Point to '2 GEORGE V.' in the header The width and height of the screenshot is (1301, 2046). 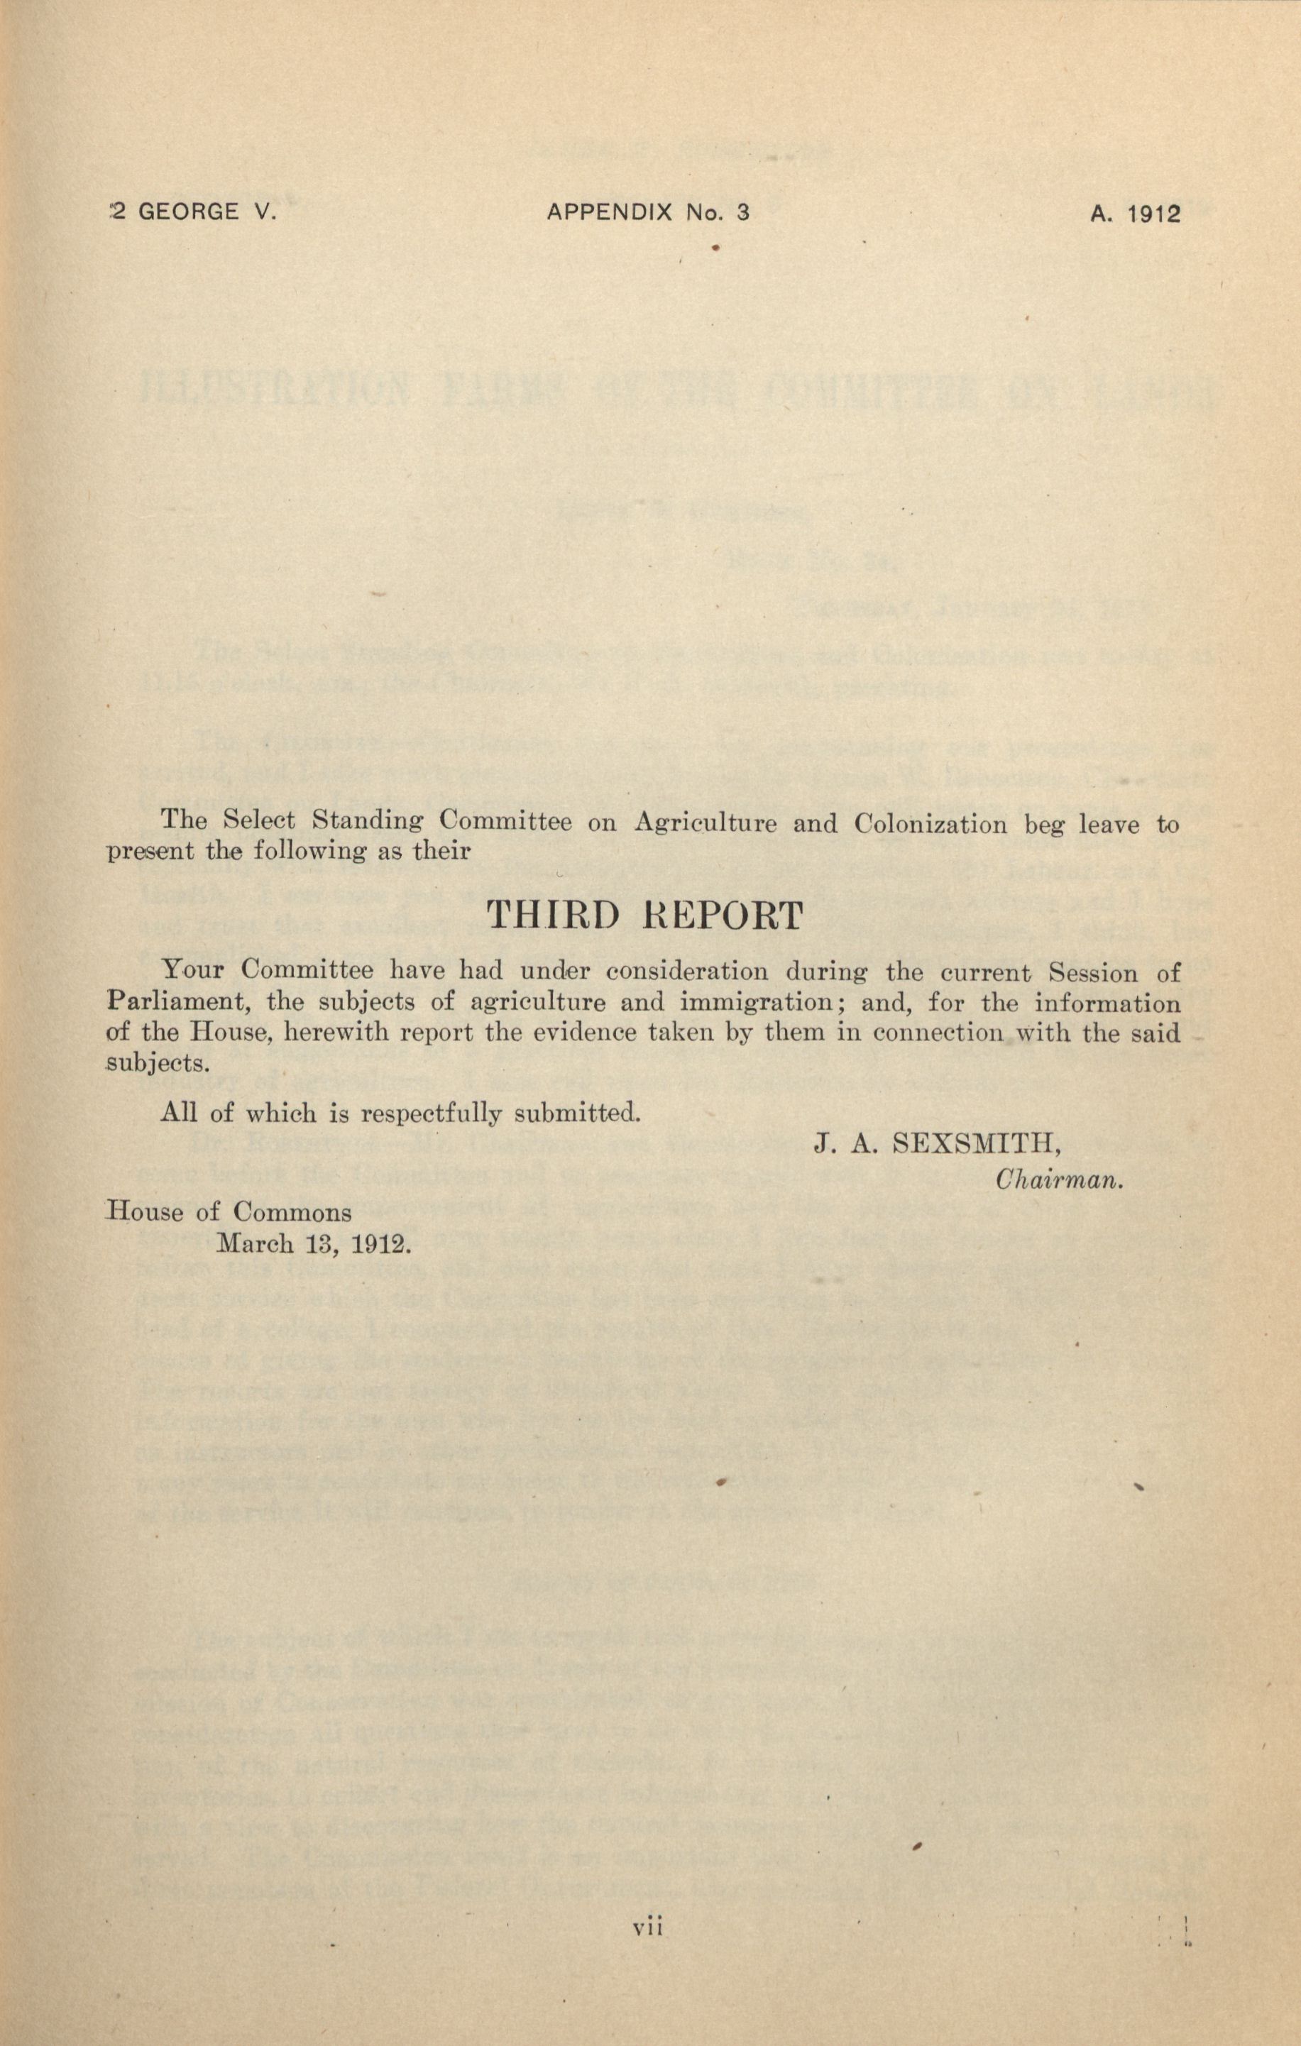tap(194, 212)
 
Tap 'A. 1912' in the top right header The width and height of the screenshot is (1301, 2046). tap(1136, 214)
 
